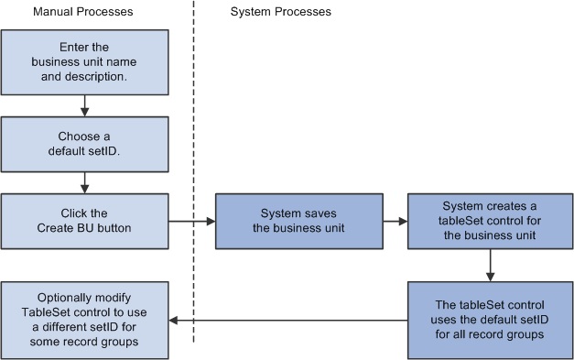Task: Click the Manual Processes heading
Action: click(82, 12)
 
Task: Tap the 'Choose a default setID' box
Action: click(85, 144)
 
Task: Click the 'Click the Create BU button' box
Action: click(85, 221)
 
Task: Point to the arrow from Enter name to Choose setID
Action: click(85, 107)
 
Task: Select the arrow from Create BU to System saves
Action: click(192, 221)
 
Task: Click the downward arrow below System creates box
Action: click(492, 266)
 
